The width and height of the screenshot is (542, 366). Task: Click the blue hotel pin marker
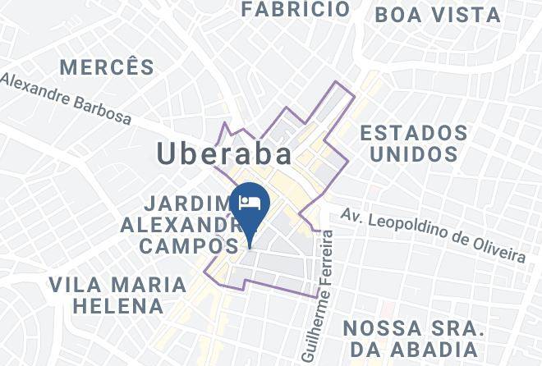pos(249,205)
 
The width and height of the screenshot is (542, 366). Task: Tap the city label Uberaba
pos(224,155)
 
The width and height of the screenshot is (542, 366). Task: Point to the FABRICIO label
pos(296,10)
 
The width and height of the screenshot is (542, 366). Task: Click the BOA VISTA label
pos(437,15)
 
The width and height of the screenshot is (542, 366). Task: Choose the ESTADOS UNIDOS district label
pos(414,143)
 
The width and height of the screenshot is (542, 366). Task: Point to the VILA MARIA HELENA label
pos(117,296)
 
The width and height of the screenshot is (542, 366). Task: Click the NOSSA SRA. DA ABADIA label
pos(412,339)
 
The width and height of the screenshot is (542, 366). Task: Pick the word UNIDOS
pos(414,153)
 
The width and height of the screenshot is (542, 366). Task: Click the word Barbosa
pos(101,109)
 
